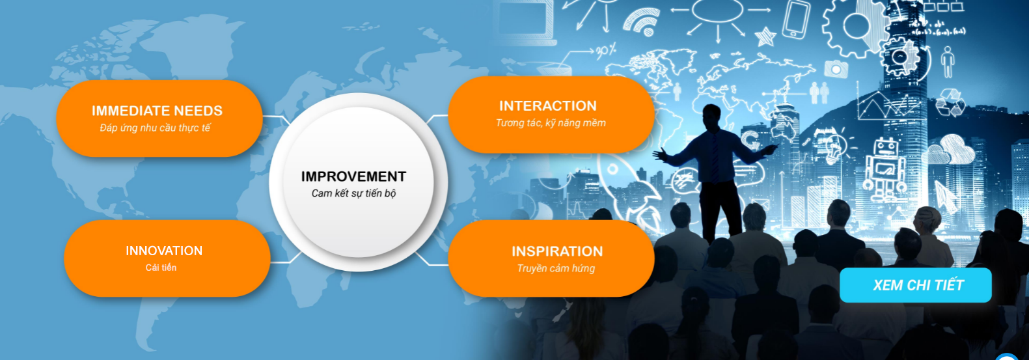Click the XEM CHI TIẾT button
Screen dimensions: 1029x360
pos(916,285)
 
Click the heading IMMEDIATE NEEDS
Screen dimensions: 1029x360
pos(157,111)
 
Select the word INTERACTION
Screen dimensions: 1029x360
pos(548,106)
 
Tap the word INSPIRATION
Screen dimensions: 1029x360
pos(557,252)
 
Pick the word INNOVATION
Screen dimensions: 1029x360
pos(164,251)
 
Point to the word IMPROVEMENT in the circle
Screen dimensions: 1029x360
pos(353,177)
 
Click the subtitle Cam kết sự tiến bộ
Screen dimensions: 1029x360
pos(353,194)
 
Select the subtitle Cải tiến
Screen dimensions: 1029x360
pos(161,268)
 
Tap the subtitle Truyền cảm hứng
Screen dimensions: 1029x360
pos(556,269)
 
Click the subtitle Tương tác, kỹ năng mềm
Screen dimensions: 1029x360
pos(551,123)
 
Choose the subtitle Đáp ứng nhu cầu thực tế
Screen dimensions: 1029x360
pos(156,128)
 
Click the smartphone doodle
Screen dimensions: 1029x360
pos(796,20)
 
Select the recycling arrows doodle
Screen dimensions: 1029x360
pos(950,102)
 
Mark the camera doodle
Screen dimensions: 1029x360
pos(836,69)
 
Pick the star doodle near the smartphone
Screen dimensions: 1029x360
pos(765,36)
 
